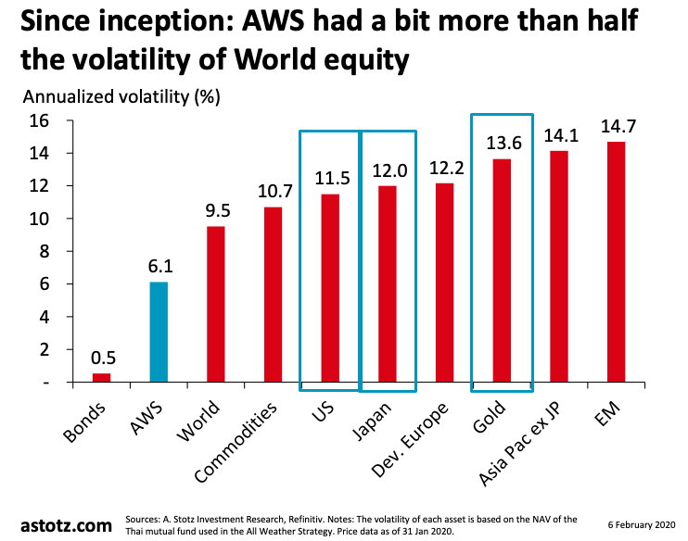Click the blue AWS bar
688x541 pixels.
point(159,332)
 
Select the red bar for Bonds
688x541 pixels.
point(101,377)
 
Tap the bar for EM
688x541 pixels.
point(616,261)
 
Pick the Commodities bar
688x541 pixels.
point(273,294)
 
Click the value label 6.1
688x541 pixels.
point(159,265)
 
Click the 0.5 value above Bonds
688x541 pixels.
point(101,357)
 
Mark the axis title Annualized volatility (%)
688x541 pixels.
point(121,95)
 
